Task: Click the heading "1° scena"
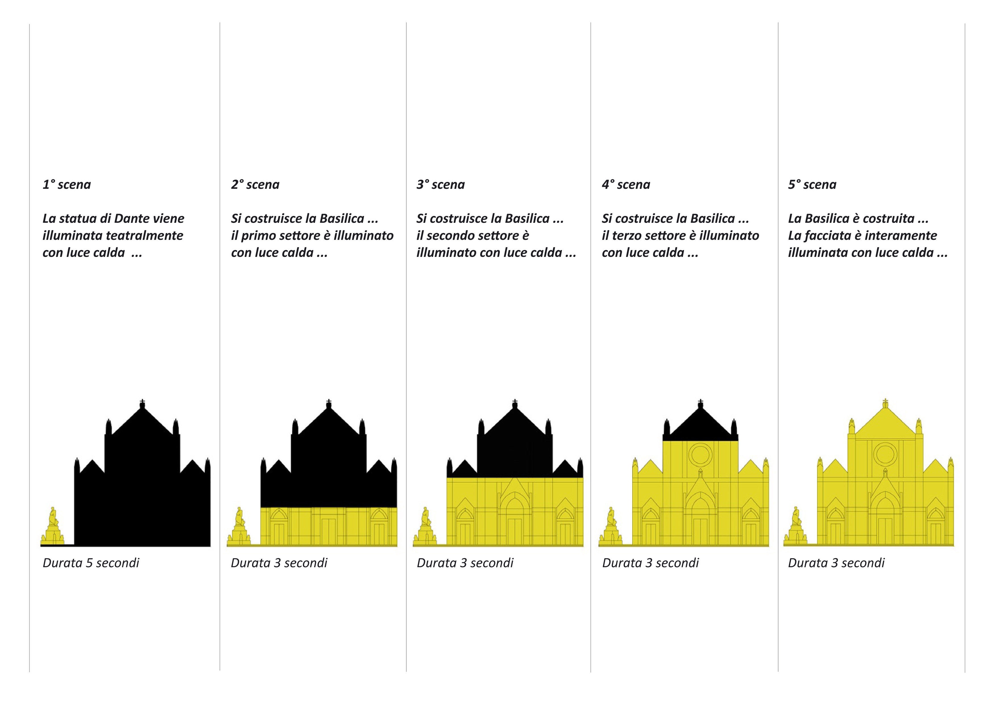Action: [x=67, y=185]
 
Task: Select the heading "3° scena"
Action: [x=440, y=185]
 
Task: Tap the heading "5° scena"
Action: [x=812, y=185]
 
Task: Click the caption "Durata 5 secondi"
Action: [x=91, y=563]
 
